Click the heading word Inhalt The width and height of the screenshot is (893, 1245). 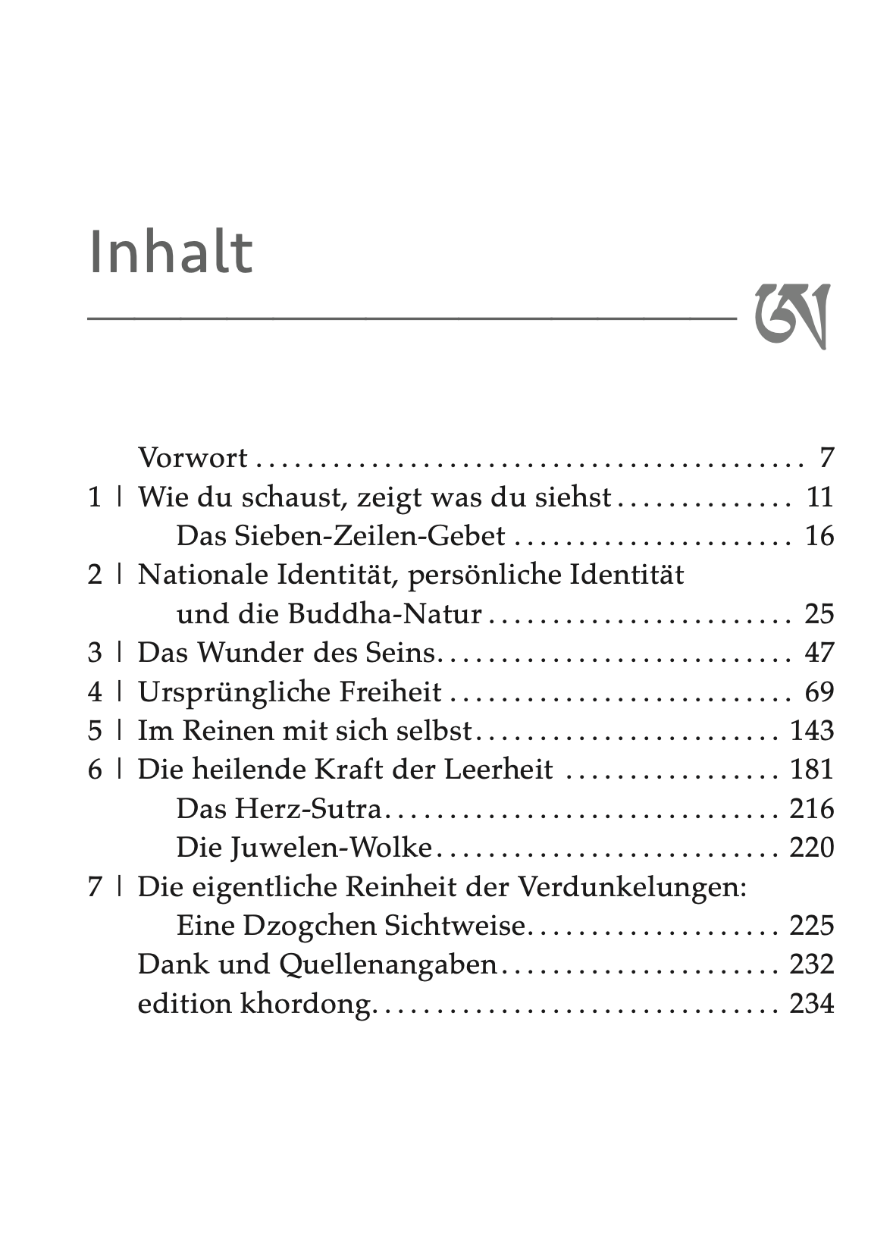tap(171, 252)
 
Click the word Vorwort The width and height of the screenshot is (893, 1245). tap(193, 458)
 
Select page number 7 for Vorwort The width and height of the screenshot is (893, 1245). tap(826, 458)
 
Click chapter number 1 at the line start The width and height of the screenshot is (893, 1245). tap(95, 497)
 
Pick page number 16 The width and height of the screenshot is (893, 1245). tap(819, 536)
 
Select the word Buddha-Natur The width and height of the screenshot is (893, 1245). tap(385, 614)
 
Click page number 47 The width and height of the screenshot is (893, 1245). tap(819, 653)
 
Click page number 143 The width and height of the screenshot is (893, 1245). tap(811, 731)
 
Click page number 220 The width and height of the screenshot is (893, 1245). tap(811, 848)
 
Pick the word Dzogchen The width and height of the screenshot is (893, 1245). tap(313, 926)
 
